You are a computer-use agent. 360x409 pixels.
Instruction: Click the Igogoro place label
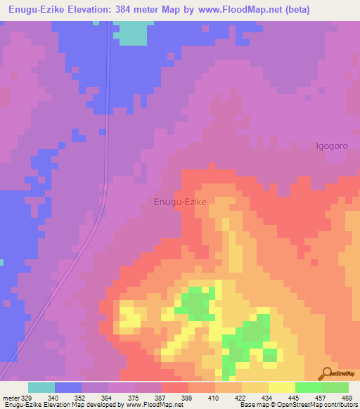click(x=332, y=147)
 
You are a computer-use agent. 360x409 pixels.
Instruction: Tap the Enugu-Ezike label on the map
click(x=179, y=202)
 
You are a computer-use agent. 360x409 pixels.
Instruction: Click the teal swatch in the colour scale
click(x=41, y=387)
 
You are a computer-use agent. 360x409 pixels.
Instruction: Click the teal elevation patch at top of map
click(x=131, y=33)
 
